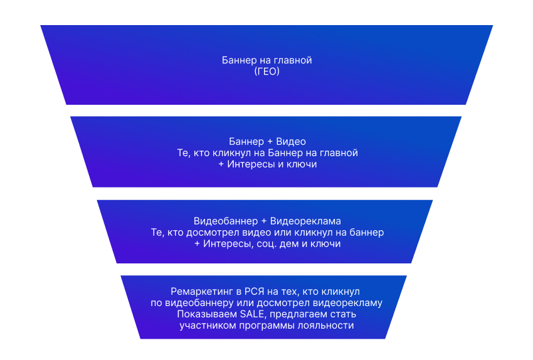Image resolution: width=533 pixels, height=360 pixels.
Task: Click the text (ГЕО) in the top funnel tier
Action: (x=266, y=72)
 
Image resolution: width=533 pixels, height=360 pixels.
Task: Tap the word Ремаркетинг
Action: (x=200, y=292)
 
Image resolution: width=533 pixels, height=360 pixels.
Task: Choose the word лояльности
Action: (x=329, y=326)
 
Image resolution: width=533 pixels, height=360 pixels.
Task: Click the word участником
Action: (x=207, y=326)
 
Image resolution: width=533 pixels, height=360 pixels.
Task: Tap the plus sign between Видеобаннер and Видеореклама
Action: (x=264, y=221)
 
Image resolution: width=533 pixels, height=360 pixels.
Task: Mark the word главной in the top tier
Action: (x=294, y=61)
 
